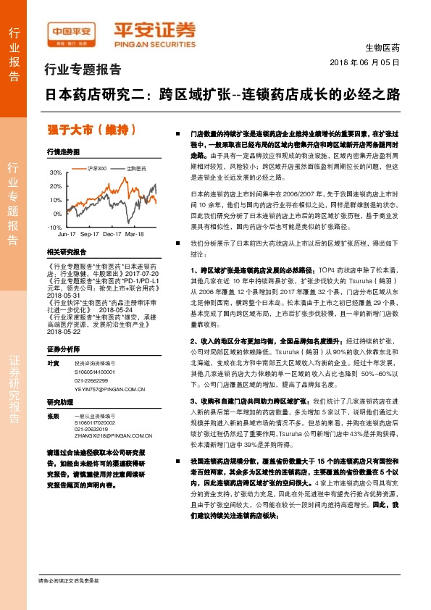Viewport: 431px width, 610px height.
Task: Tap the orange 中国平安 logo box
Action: (72, 32)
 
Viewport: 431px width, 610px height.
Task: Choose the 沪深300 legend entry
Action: (97, 168)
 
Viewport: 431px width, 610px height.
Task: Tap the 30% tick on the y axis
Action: (56, 174)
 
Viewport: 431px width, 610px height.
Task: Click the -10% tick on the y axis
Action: (54, 227)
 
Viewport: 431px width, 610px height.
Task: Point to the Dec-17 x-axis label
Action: (112, 235)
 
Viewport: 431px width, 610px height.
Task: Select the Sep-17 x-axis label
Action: (89, 235)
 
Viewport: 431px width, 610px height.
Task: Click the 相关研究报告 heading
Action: (66, 252)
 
